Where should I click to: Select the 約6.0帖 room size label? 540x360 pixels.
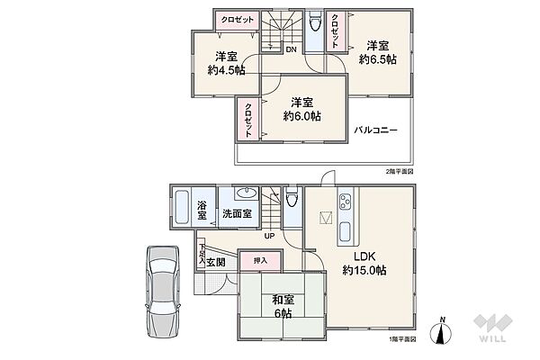tap(301, 115)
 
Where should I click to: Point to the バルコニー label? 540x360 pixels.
tap(375, 130)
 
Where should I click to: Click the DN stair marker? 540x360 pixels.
tap(292, 49)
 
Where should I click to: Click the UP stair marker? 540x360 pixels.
tap(269, 236)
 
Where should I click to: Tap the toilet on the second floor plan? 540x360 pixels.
tap(315, 25)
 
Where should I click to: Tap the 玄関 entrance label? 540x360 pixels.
tap(215, 263)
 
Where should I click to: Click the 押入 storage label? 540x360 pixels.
tap(260, 259)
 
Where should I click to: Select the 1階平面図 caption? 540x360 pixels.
tap(402, 338)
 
